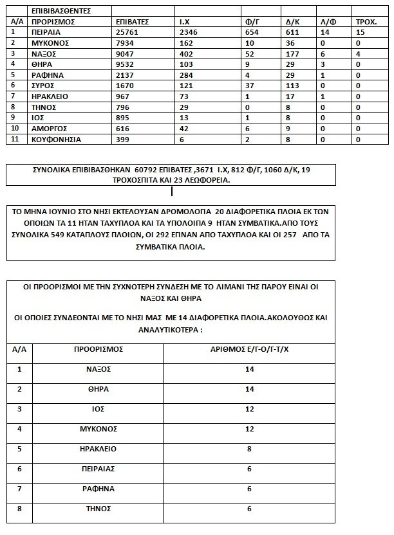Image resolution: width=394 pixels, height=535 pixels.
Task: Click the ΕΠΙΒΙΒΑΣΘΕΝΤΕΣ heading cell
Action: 61,11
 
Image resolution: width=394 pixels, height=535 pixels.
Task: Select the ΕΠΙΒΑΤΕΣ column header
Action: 131,21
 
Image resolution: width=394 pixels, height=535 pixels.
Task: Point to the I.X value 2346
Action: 188,32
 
